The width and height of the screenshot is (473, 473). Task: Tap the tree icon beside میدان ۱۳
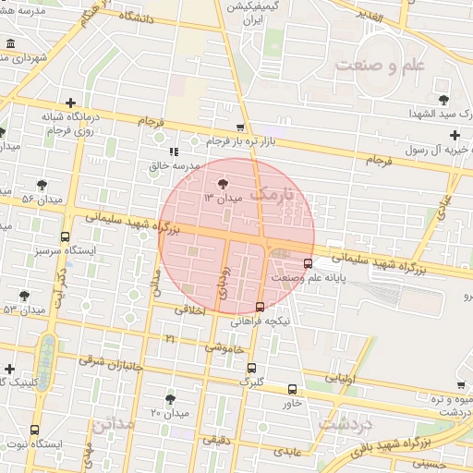(x=222, y=185)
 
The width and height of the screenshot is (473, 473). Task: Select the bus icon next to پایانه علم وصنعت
(x=308, y=262)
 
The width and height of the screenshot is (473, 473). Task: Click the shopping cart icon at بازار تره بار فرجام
(x=241, y=128)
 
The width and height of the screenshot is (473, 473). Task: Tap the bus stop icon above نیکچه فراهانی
(x=260, y=307)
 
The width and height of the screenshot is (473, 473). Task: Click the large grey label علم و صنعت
(x=380, y=66)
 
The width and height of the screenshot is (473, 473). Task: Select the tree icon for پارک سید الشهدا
(x=443, y=98)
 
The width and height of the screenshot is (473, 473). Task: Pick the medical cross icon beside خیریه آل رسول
(x=455, y=135)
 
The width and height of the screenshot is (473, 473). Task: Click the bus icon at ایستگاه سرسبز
(x=65, y=237)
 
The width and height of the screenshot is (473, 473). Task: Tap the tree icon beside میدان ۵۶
(x=42, y=185)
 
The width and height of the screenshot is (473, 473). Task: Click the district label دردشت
(x=344, y=423)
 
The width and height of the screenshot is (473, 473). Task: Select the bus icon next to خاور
(x=293, y=390)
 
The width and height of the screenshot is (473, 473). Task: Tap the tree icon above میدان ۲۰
(x=170, y=399)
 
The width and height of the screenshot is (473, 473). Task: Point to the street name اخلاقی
(x=192, y=310)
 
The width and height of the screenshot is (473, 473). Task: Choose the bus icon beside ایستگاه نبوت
(x=34, y=431)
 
